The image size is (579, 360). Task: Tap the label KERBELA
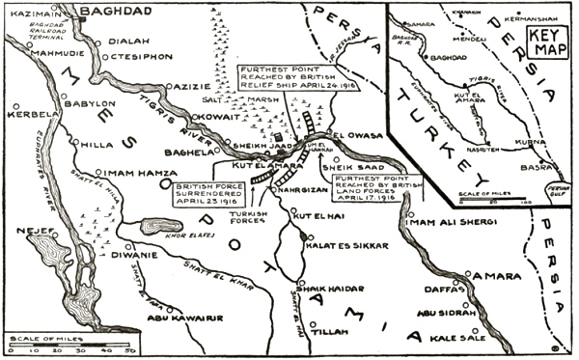coord(27,114)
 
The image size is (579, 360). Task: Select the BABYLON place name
coord(90,103)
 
